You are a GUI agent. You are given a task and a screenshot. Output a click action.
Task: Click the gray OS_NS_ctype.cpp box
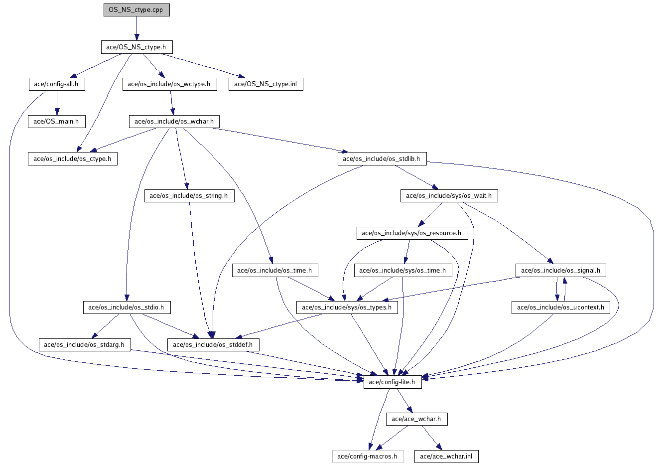pos(136,10)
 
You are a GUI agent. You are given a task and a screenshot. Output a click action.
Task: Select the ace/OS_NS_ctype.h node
pos(136,47)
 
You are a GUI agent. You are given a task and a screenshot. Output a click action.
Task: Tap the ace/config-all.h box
pos(56,84)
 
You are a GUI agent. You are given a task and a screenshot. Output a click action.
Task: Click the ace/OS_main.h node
pos(56,121)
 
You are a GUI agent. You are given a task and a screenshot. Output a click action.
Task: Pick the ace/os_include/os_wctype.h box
pos(169,84)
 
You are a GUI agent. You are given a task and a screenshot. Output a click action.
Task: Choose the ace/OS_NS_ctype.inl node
pos(265,84)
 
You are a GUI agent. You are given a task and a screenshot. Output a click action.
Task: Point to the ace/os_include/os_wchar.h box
pos(174,121)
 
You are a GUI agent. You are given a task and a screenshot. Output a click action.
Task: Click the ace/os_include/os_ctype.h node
pos(72,159)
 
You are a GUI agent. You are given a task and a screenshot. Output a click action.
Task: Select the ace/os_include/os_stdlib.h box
pos(382,159)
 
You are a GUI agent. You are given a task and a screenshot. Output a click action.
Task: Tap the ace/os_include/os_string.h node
pos(189,196)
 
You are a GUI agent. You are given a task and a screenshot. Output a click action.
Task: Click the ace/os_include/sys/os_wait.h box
pos(449,196)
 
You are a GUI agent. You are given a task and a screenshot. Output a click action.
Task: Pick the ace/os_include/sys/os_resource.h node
pos(411,233)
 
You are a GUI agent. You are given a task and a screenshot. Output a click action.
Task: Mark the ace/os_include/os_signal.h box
pos(560,271)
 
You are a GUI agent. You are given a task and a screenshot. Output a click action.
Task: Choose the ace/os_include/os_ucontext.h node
pos(560,308)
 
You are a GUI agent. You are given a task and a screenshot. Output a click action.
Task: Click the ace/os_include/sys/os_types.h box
pos(347,308)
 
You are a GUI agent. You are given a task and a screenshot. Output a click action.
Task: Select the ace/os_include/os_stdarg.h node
pos(84,344)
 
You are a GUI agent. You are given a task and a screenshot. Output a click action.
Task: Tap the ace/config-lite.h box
pos(393,382)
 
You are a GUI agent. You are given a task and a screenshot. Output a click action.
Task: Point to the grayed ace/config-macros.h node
pos(367,456)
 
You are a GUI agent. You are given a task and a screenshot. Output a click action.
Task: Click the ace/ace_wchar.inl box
pos(446,456)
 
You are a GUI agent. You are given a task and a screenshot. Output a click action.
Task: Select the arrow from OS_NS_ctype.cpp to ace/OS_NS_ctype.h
pos(136,28)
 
